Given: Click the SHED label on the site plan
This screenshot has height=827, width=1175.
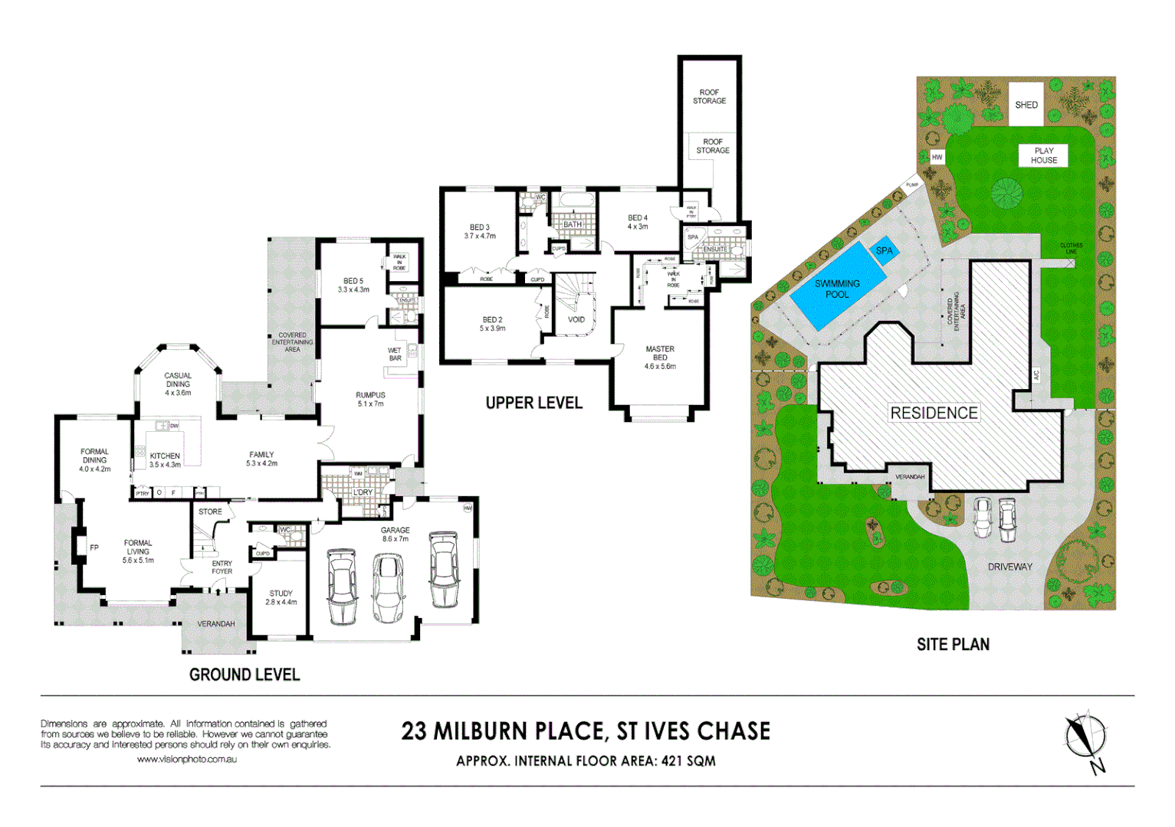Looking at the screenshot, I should [x=1026, y=105].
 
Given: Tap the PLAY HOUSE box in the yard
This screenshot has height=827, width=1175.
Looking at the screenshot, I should [x=1043, y=155].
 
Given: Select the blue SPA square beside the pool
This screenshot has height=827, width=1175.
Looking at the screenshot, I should [x=884, y=251].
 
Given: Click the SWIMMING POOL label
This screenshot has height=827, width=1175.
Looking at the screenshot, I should [x=836, y=289].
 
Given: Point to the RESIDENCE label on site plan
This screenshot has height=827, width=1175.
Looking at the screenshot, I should [x=934, y=413].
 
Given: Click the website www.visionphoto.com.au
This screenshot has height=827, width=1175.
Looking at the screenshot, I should [x=186, y=760].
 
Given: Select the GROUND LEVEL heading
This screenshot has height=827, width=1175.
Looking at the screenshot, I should [x=245, y=675].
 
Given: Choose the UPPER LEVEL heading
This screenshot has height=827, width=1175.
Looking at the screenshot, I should [x=533, y=404].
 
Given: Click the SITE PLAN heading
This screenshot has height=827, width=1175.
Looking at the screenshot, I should [x=953, y=645].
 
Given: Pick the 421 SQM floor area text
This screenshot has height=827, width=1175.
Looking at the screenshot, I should [x=688, y=761].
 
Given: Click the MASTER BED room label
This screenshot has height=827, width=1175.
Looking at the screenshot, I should [x=659, y=353].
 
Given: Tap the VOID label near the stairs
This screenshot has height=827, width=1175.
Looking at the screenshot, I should [x=576, y=320].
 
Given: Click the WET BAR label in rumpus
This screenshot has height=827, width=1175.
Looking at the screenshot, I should [x=395, y=355].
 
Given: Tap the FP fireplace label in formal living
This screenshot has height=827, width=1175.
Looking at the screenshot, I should [x=94, y=548].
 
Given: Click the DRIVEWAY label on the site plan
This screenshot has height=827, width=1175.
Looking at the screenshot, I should [x=1009, y=567].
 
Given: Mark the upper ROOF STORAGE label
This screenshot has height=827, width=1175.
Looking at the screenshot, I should [x=709, y=96].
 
